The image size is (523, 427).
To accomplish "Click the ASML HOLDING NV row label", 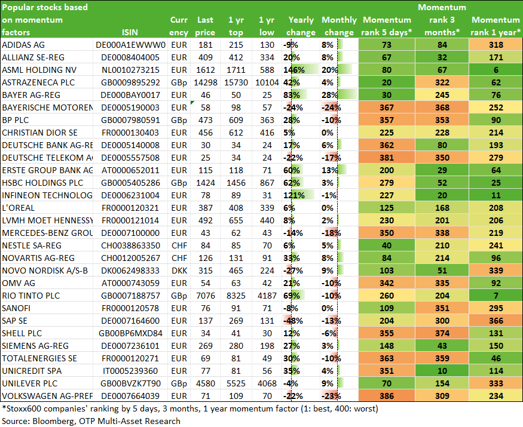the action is point(39,70).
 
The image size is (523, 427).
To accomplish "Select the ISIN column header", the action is point(130,32).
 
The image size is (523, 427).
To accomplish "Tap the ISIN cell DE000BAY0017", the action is point(130,95).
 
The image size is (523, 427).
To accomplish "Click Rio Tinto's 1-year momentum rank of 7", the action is point(496,296).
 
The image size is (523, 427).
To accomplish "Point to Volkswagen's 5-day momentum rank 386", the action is point(387,396).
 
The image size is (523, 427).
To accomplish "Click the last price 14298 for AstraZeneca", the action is point(205,82).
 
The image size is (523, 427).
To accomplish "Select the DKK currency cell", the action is point(179,271).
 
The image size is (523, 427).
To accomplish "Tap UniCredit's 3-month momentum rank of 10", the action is point(442,371).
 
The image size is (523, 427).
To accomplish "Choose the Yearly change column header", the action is point(301,26).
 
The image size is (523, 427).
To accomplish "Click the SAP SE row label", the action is point(15,321).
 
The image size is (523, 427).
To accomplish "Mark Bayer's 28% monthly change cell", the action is point(330,95).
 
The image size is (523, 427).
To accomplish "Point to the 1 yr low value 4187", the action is point(267,296).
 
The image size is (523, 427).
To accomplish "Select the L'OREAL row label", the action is point(19,208).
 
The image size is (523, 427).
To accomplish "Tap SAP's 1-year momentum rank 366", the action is point(496,321).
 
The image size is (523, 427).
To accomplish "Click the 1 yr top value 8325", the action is point(236,296).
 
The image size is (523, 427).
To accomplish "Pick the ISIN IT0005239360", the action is point(130,371).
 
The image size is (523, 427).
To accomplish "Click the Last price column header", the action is point(205,26).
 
